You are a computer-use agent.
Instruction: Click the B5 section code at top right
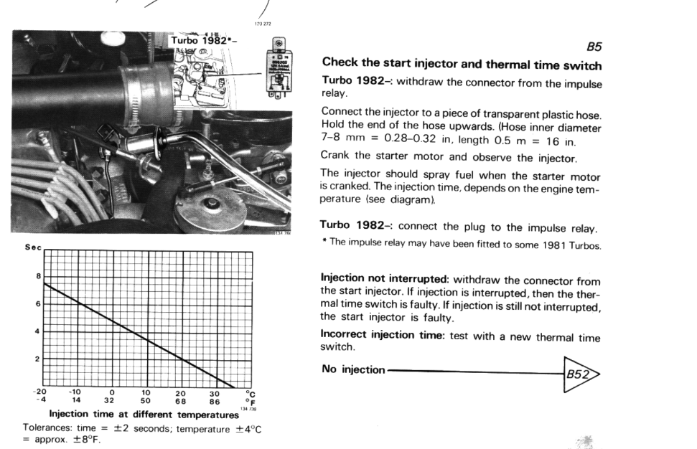(594, 47)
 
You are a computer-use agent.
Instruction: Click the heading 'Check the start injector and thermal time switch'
(462, 65)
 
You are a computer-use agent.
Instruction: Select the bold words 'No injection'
(352, 369)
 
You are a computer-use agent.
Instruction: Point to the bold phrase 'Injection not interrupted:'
(385, 278)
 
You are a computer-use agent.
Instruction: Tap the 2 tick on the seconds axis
(38, 358)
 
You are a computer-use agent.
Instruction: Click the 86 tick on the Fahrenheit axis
(214, 402)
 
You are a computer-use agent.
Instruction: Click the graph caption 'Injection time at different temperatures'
(144, 415)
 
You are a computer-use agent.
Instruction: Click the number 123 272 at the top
(263, 24)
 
